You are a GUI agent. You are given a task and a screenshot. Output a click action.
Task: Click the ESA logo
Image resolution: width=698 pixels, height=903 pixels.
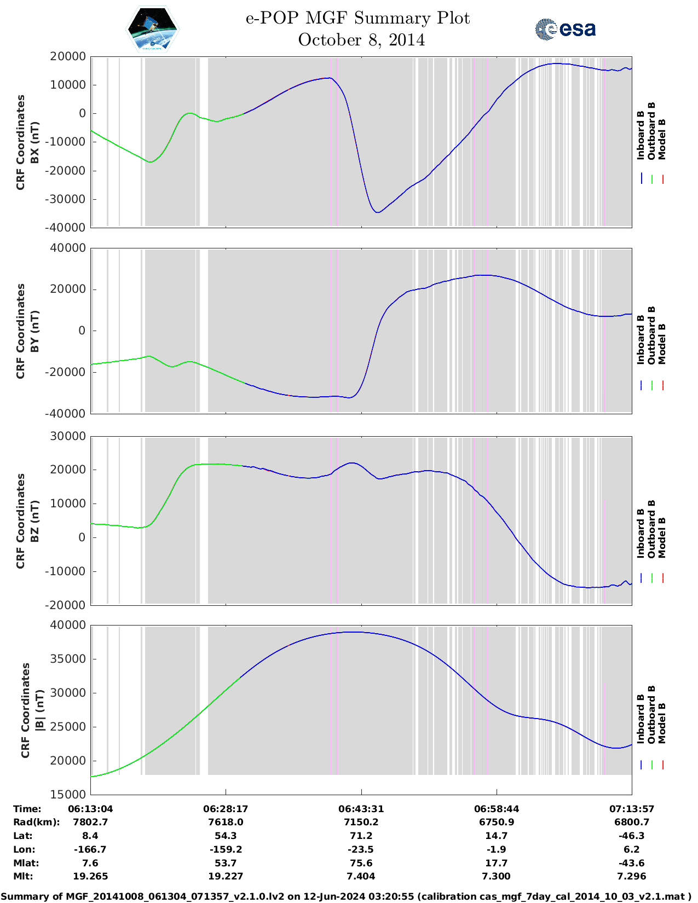coord(565,29)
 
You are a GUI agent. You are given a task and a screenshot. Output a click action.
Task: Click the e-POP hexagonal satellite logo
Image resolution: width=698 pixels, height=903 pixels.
coord(152,28)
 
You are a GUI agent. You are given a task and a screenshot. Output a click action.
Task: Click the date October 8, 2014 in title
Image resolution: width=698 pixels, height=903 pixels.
coord(361,40)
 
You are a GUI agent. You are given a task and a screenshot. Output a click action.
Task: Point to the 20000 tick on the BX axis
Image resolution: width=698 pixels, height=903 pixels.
coord(67,56)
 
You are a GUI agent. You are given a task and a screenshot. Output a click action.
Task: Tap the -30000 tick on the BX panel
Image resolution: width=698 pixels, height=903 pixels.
coord(67,199)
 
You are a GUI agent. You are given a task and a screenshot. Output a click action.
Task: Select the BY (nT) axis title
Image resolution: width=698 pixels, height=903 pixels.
coord(34,331)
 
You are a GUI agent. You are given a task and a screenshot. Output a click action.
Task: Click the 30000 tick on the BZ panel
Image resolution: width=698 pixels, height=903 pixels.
coord(67,436)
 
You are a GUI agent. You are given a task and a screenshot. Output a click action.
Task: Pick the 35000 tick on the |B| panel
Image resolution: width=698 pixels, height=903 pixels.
coord(67,659)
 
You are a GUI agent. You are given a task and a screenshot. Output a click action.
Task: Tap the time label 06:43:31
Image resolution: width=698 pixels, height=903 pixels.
coord(361,809)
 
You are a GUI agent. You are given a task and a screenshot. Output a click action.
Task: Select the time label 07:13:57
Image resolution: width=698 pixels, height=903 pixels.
coord(631,809)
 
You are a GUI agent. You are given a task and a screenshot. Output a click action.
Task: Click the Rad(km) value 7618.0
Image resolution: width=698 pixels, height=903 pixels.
coord(226,822)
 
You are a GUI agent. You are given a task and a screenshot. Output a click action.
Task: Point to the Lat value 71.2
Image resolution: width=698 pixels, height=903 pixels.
coord(361,836)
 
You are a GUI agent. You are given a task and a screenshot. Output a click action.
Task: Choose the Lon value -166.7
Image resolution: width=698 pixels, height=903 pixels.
coord(90,849)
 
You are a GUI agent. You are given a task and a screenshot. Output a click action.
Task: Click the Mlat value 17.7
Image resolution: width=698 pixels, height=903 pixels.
coord(496,863)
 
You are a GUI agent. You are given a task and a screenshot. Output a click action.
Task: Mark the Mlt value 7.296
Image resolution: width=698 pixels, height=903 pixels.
coord(631,876)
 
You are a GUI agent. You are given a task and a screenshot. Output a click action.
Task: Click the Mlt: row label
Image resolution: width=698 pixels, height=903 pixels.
coord(23,876)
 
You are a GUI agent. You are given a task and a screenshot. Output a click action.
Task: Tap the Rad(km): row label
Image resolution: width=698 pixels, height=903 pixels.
coord(36,822)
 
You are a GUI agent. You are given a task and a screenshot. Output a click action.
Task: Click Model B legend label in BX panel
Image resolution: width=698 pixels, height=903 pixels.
coord(662,139)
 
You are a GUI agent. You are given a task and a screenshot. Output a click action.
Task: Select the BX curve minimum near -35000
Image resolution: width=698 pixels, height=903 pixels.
coord(378,212)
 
